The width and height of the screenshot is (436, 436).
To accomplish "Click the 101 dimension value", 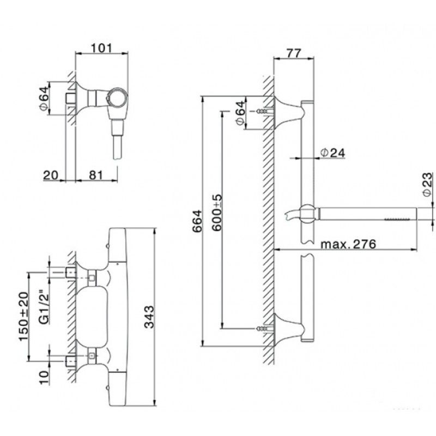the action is [101, 48].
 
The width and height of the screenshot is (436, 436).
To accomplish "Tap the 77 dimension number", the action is [294, 53].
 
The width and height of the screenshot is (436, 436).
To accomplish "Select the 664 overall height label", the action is [197, 221].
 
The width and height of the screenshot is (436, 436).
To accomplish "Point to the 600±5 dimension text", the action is [217, 213].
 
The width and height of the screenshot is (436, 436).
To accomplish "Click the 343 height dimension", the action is [149, 317].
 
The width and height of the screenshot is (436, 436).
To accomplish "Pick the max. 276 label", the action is [348, 244].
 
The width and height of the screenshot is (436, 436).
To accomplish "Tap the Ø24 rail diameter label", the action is [332, 153].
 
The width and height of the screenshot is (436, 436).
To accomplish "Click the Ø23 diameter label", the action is [428, 184].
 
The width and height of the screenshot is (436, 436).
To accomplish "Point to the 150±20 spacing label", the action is [23, 316].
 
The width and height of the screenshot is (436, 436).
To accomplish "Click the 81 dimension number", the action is [96, 175].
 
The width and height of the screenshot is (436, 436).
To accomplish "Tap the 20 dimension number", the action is [51, 175].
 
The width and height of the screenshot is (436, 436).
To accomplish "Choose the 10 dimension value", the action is [44, 377].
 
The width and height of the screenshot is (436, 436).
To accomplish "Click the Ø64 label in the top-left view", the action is [44, 99].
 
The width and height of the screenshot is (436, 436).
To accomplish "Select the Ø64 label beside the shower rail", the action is [240, 113].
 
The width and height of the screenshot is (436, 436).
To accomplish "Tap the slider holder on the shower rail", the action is [307, 214].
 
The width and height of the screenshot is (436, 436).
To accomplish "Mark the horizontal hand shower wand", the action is [367, 214].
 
